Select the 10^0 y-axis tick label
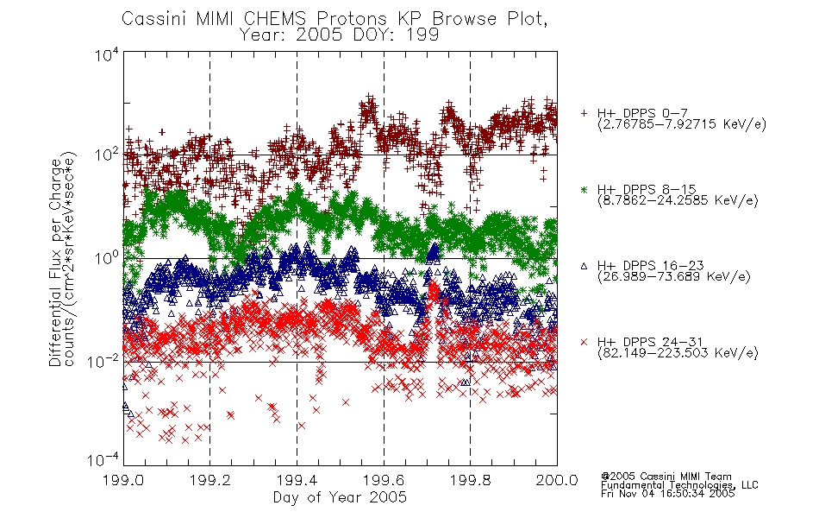click(x=108, y=258)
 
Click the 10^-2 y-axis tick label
click(x=104, y=361)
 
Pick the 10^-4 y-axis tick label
click(x=104, y=459)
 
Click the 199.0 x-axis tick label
click(x=123, y=480)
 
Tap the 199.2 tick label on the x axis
click(x=210, y=480)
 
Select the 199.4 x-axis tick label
click(x=297, y=480)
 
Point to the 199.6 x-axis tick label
click(x=384, y=480)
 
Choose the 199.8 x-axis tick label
click(x=470, y=480)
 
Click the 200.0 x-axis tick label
click(x=557, y=480)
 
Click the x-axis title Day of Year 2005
click(x=340, y=497)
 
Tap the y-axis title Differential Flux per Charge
click(x=55, y=262)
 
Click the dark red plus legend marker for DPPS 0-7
click(x=584, y=112)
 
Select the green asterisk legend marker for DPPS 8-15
click(x=584, y=189)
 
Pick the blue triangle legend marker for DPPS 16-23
click(x=584, y=266)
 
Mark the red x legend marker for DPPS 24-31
click(x=584, y=342)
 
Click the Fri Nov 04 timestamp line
click(x=667, y=494)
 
